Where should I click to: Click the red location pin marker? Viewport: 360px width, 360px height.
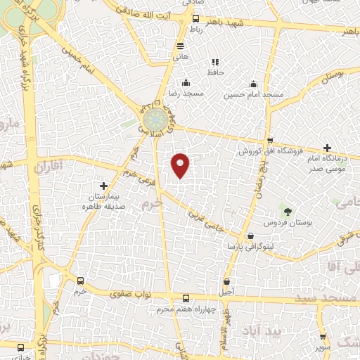tap(181, 165)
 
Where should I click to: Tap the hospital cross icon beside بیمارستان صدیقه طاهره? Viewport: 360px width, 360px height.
tap(104, 186)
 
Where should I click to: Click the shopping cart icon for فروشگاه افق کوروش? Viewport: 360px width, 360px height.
tap(270, 140)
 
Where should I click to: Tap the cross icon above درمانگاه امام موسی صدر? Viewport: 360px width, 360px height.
tap(327, 148)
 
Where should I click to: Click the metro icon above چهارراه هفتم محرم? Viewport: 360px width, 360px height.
tap(186, 298)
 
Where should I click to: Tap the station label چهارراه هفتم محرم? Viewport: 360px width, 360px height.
tap(186, 310)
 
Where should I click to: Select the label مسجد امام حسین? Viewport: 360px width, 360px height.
tap(254, 94)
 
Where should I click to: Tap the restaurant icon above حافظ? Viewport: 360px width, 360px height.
tap(215, 62)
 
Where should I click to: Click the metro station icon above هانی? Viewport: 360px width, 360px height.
tap(180, 46)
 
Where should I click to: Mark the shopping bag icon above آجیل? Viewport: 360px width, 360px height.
tap(226, 280)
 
